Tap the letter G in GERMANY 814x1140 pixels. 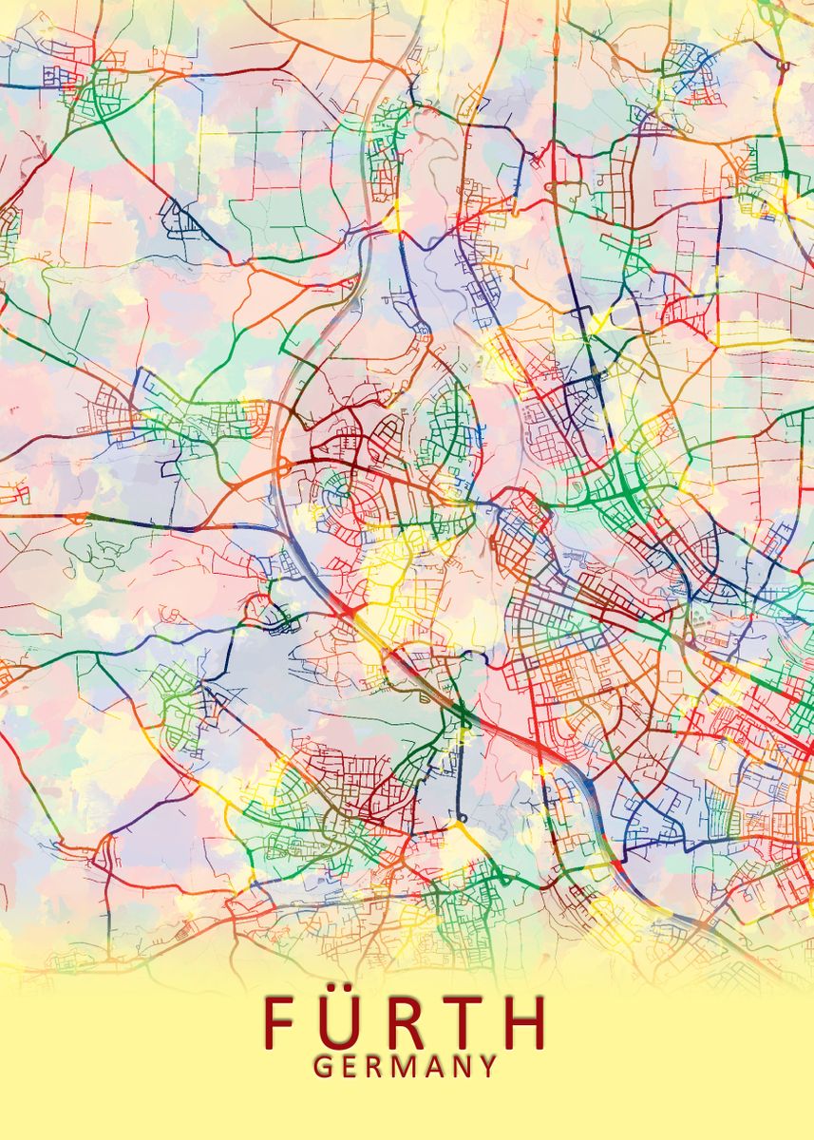tap(323, 1067)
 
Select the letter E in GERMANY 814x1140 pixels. tap(350, 1067)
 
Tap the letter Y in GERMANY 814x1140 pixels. tap(487, 1067)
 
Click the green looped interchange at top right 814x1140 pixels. tap(783, 66)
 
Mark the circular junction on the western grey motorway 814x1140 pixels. tap(281, 464)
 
